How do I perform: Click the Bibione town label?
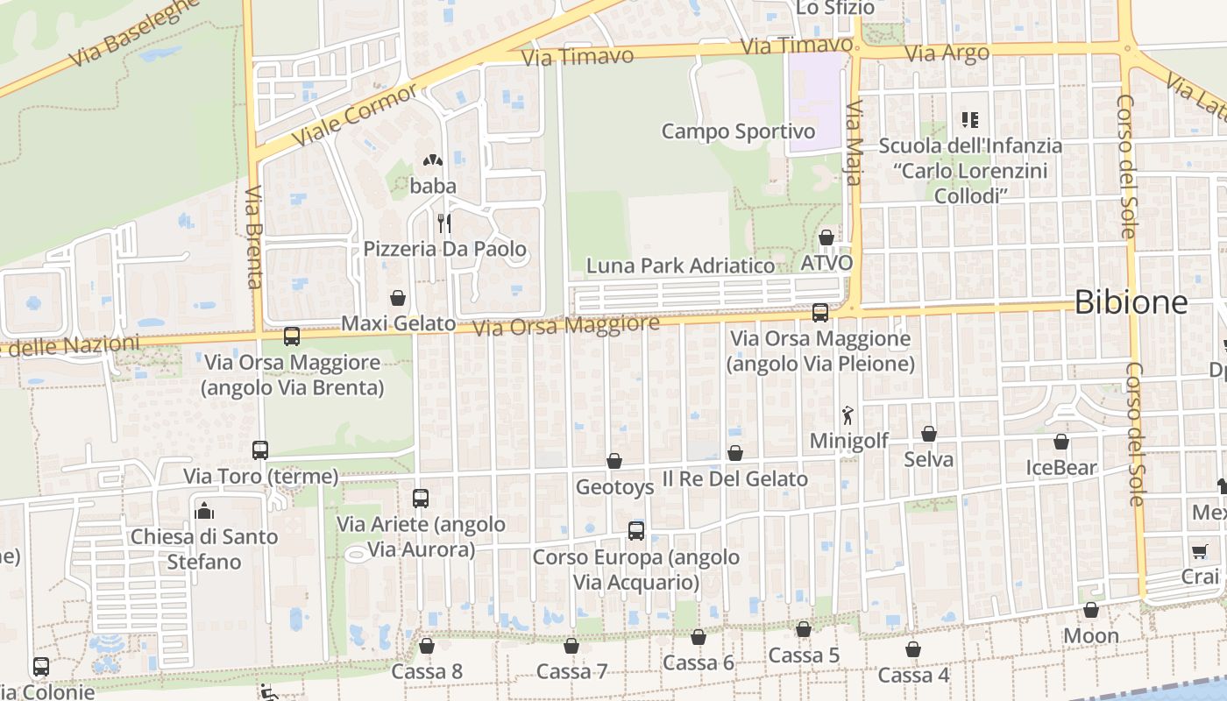click(x=1131, y=302)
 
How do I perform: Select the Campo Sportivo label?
click(x=738, y=131)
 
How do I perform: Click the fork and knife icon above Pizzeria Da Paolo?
click(x=444, y=223)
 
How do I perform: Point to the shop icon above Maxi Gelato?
click(x=398, y=298)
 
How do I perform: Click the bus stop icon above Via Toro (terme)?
click(x=260, y=450)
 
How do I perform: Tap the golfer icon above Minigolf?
click(x=847, y=414)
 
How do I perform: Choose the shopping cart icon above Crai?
click(x=1199, y=552)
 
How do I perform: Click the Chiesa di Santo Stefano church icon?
click(x=204, y=510)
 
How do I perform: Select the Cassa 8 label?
click(x=427, y=671)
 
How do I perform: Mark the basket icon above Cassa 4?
click(x=913, y=649)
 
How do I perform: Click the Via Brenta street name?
click(x=254, y=237)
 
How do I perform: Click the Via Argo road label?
click(x=947, y=53)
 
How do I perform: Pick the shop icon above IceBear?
click(x=1061, y=442)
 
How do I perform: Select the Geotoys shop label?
click(x=614, y=486)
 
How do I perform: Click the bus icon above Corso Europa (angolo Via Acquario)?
click(x=636, y=531)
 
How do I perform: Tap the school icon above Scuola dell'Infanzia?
click(x=969, y=119)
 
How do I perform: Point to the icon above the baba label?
click(x=432, y=160)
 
